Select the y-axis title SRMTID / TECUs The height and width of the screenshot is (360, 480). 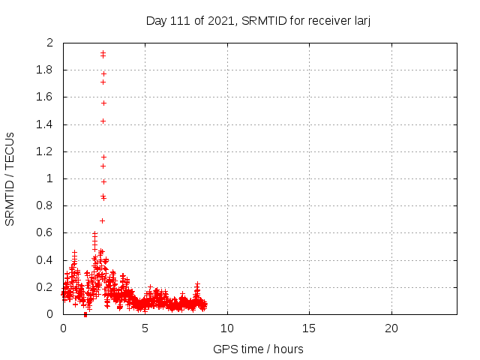coord(10,179)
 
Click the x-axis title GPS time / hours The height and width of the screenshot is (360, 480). coord(258,349)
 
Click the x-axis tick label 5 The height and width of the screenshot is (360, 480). coord(145,328)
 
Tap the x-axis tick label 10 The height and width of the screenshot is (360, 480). coord(227,328)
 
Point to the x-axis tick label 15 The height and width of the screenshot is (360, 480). coord(309,328)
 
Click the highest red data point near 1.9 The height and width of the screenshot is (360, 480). coord(103,52)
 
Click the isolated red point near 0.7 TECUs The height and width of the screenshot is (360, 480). coord(102,220)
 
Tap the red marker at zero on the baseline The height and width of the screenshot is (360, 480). coord(85,314)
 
